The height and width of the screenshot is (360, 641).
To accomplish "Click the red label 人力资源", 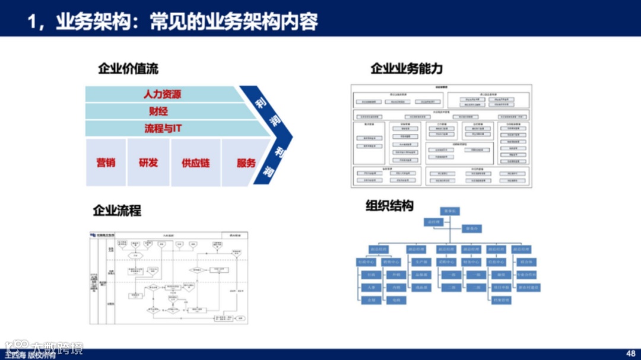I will [x=162, y=94].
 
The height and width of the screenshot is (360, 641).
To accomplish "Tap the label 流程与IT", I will [x=163, y=128].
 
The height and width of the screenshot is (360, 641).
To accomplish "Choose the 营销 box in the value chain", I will [x=106, y=163].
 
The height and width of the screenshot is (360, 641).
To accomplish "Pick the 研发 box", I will [x=148, y=163].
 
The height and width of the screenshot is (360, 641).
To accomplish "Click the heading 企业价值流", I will [x=128, y=69].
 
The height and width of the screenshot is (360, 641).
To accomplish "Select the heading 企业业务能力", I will [x=407, y=69].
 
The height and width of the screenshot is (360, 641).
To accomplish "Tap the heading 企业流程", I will [x=117, y=211].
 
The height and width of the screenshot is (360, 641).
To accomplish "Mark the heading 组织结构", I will [x=389, y=206].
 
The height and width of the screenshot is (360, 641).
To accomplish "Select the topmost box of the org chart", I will [x=450, y=211].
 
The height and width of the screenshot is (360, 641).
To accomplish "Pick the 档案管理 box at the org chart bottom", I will [x=501, y=300].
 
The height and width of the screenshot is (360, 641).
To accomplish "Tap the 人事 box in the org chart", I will [x=370, y=288].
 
